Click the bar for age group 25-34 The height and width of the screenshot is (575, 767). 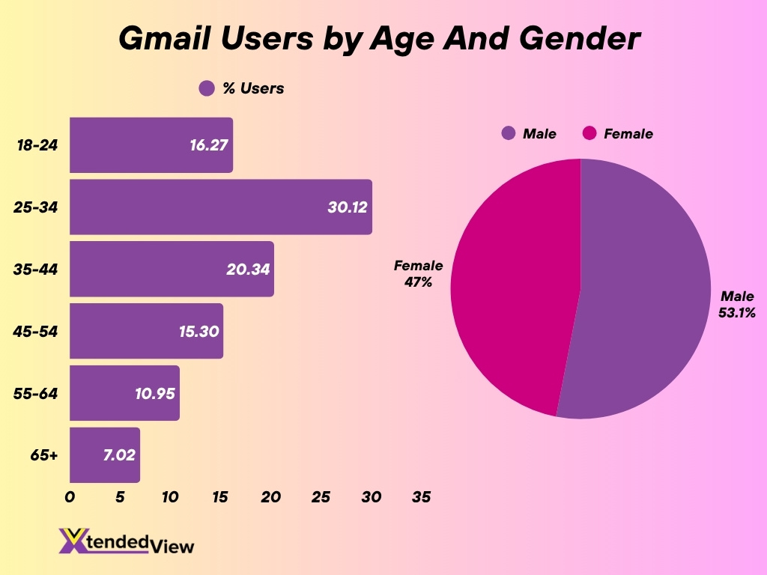point(221,207)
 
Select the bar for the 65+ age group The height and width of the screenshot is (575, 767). point(105,454)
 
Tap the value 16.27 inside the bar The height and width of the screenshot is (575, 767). point(208,145)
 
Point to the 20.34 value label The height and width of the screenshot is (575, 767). point(249,269)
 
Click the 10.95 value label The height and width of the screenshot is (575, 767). point(155,393)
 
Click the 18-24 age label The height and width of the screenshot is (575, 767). point(37,145)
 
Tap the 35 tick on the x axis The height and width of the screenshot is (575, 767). point(421,497)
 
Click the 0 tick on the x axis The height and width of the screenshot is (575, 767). point(70,497)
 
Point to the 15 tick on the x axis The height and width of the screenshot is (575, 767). point(220,497)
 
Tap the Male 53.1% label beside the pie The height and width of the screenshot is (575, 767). point(737,305)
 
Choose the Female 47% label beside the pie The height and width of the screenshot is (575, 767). point(419,274)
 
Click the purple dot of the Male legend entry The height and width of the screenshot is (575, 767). point(509,133)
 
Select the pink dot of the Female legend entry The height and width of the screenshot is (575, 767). point(589,133)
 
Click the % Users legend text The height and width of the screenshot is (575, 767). point(253,88)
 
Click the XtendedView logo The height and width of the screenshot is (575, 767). point(126,541)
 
